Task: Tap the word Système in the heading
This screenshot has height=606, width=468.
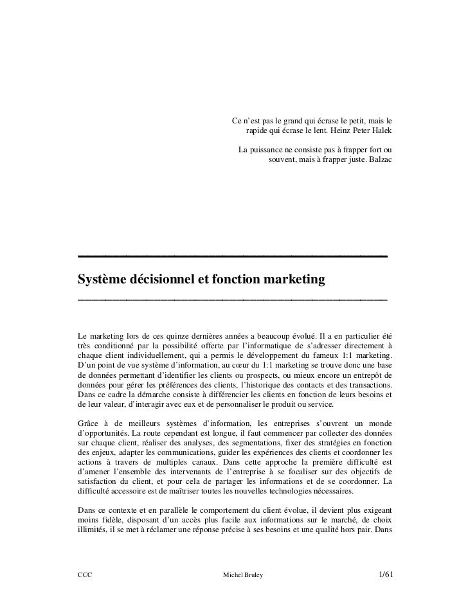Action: [101, 280]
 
